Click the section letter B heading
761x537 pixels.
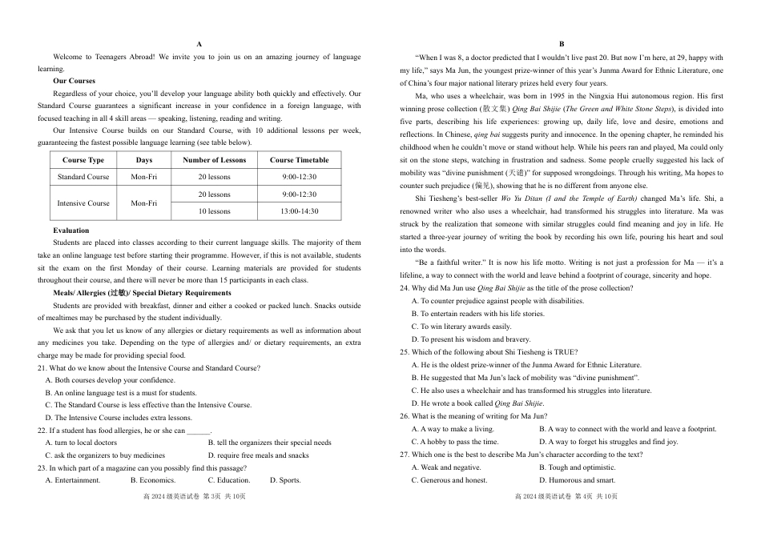click(x=562, y=45)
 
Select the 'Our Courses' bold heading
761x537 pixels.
click(x=74, y=81)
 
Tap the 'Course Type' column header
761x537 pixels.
click(x=83, y=160)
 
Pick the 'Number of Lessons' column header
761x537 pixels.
click(x=214, y=160)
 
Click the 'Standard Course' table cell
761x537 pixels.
click(x=83, y=177)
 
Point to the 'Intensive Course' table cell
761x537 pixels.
click(x=83, y=203)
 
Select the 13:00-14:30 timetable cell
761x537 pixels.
click(x=300, y=211)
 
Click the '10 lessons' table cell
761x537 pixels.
click(x=214, y=211)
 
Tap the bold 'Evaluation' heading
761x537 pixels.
click(x=71, y=230)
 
